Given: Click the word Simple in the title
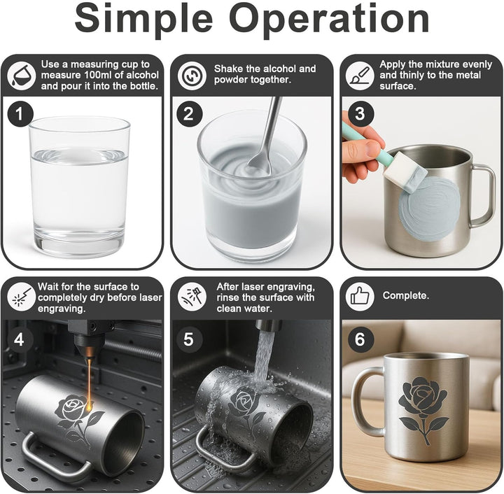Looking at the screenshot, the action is coord(143,19).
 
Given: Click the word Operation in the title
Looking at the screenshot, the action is coord(329,19).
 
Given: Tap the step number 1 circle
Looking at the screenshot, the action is coord(20,114).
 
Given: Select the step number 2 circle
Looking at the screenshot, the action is coord(189,114).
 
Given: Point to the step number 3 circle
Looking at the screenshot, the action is coord(360,114).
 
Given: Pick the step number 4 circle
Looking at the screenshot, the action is coord(20,339).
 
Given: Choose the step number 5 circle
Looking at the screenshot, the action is coord(189,339).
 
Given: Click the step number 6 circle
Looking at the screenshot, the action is coord(360,339).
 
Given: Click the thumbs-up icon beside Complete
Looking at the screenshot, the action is coord(360,296).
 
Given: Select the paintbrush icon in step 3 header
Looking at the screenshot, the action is coord(360,76).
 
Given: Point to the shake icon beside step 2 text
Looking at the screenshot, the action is coord(192,76).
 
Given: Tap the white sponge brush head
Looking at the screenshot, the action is coord(405,172).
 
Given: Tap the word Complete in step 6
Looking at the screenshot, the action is coord(405,295).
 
